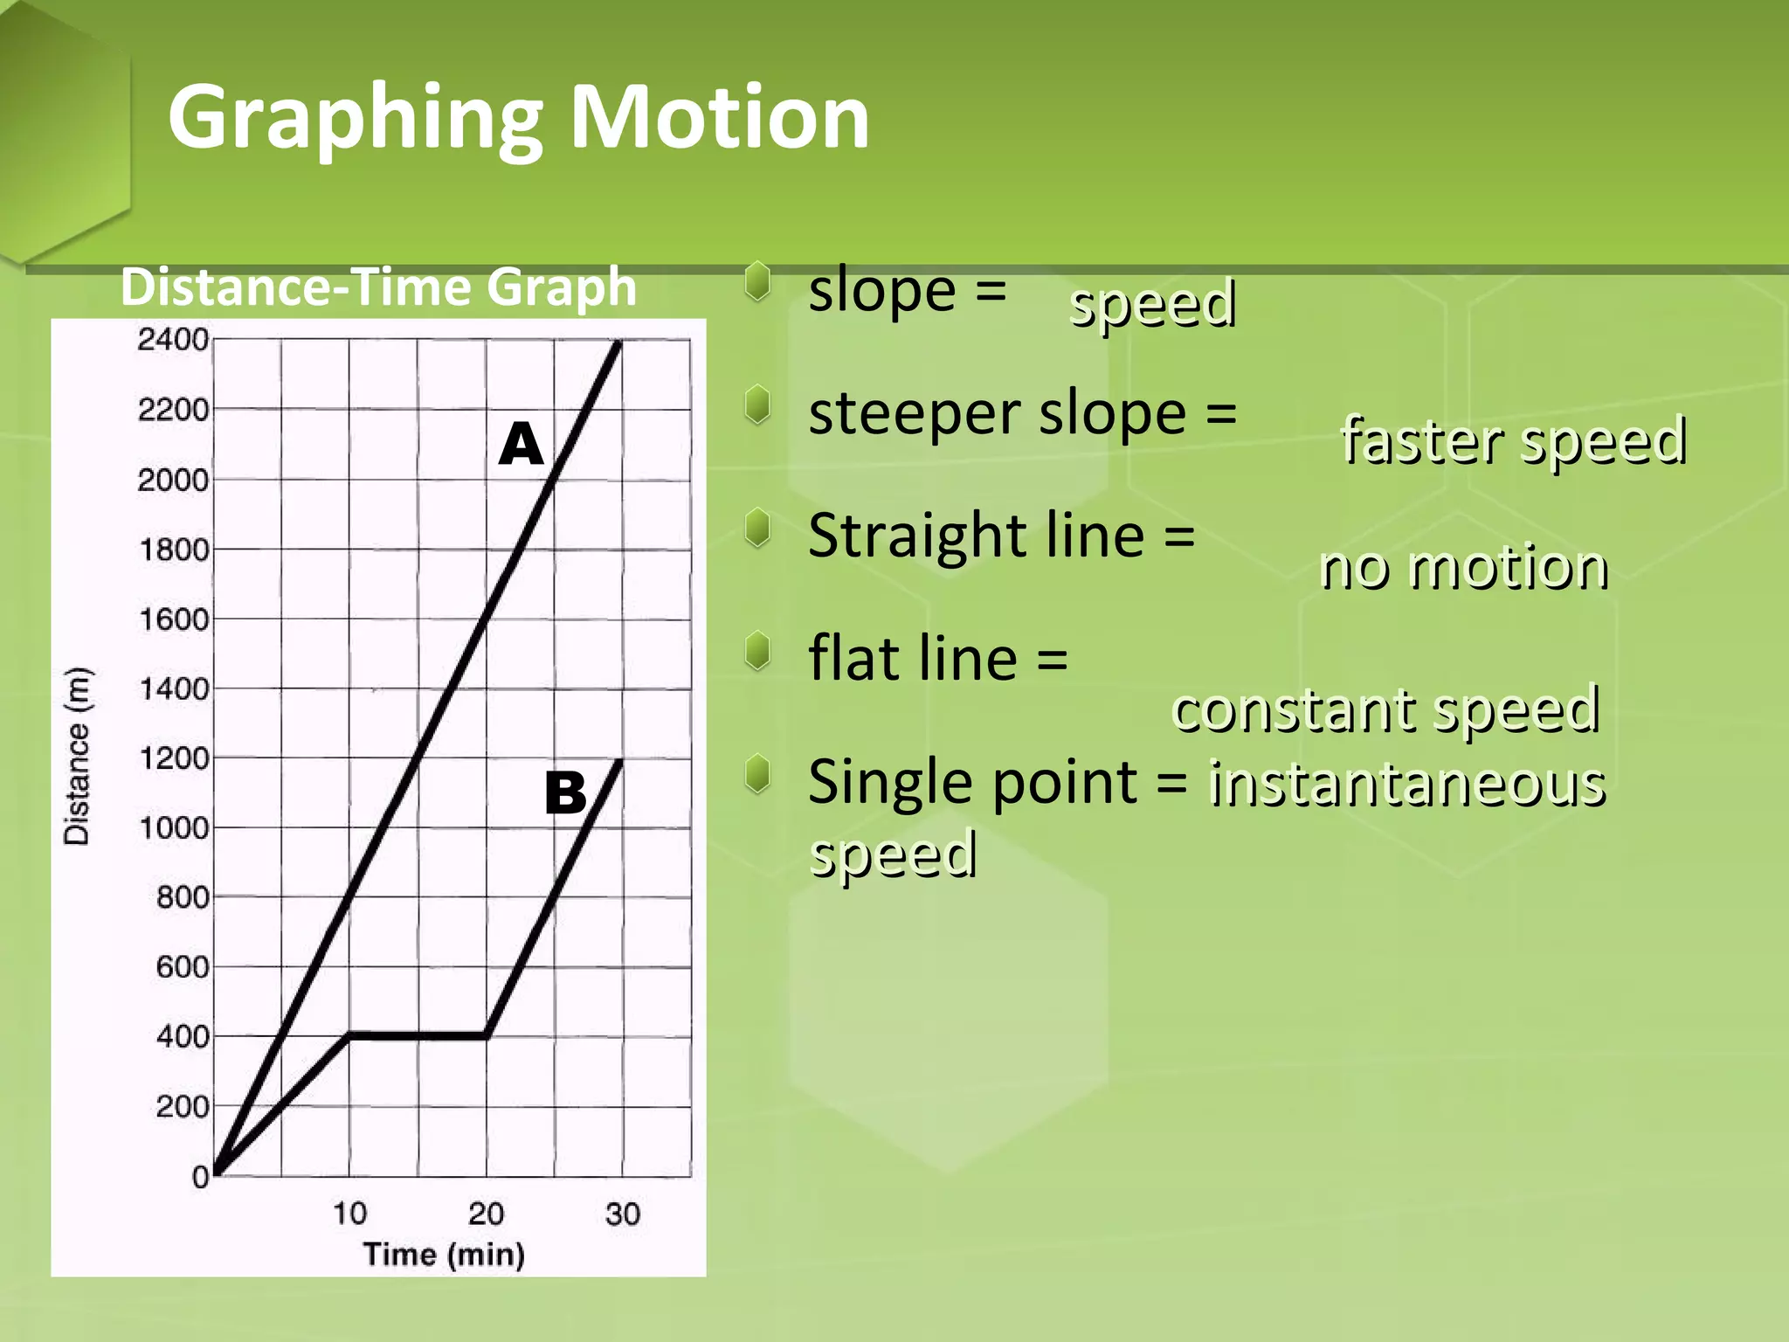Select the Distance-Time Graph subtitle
[378, 287]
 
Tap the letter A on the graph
[522, 444]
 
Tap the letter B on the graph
[565, 793]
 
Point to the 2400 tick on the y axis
[173, 340]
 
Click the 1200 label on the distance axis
[175, 758]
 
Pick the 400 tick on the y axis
[183, 1037]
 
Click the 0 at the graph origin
[201, 1177]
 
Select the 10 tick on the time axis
[349, 1214]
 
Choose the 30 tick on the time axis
[623, 1214]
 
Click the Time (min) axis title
[444, 1255]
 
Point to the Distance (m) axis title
[77, 756]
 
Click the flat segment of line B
[418, 1035]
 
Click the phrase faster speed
[1514, 441]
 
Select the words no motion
[1464, 568]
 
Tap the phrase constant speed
[1386, 709]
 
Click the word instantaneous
[1407, 784]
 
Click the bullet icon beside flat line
[758, 652]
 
